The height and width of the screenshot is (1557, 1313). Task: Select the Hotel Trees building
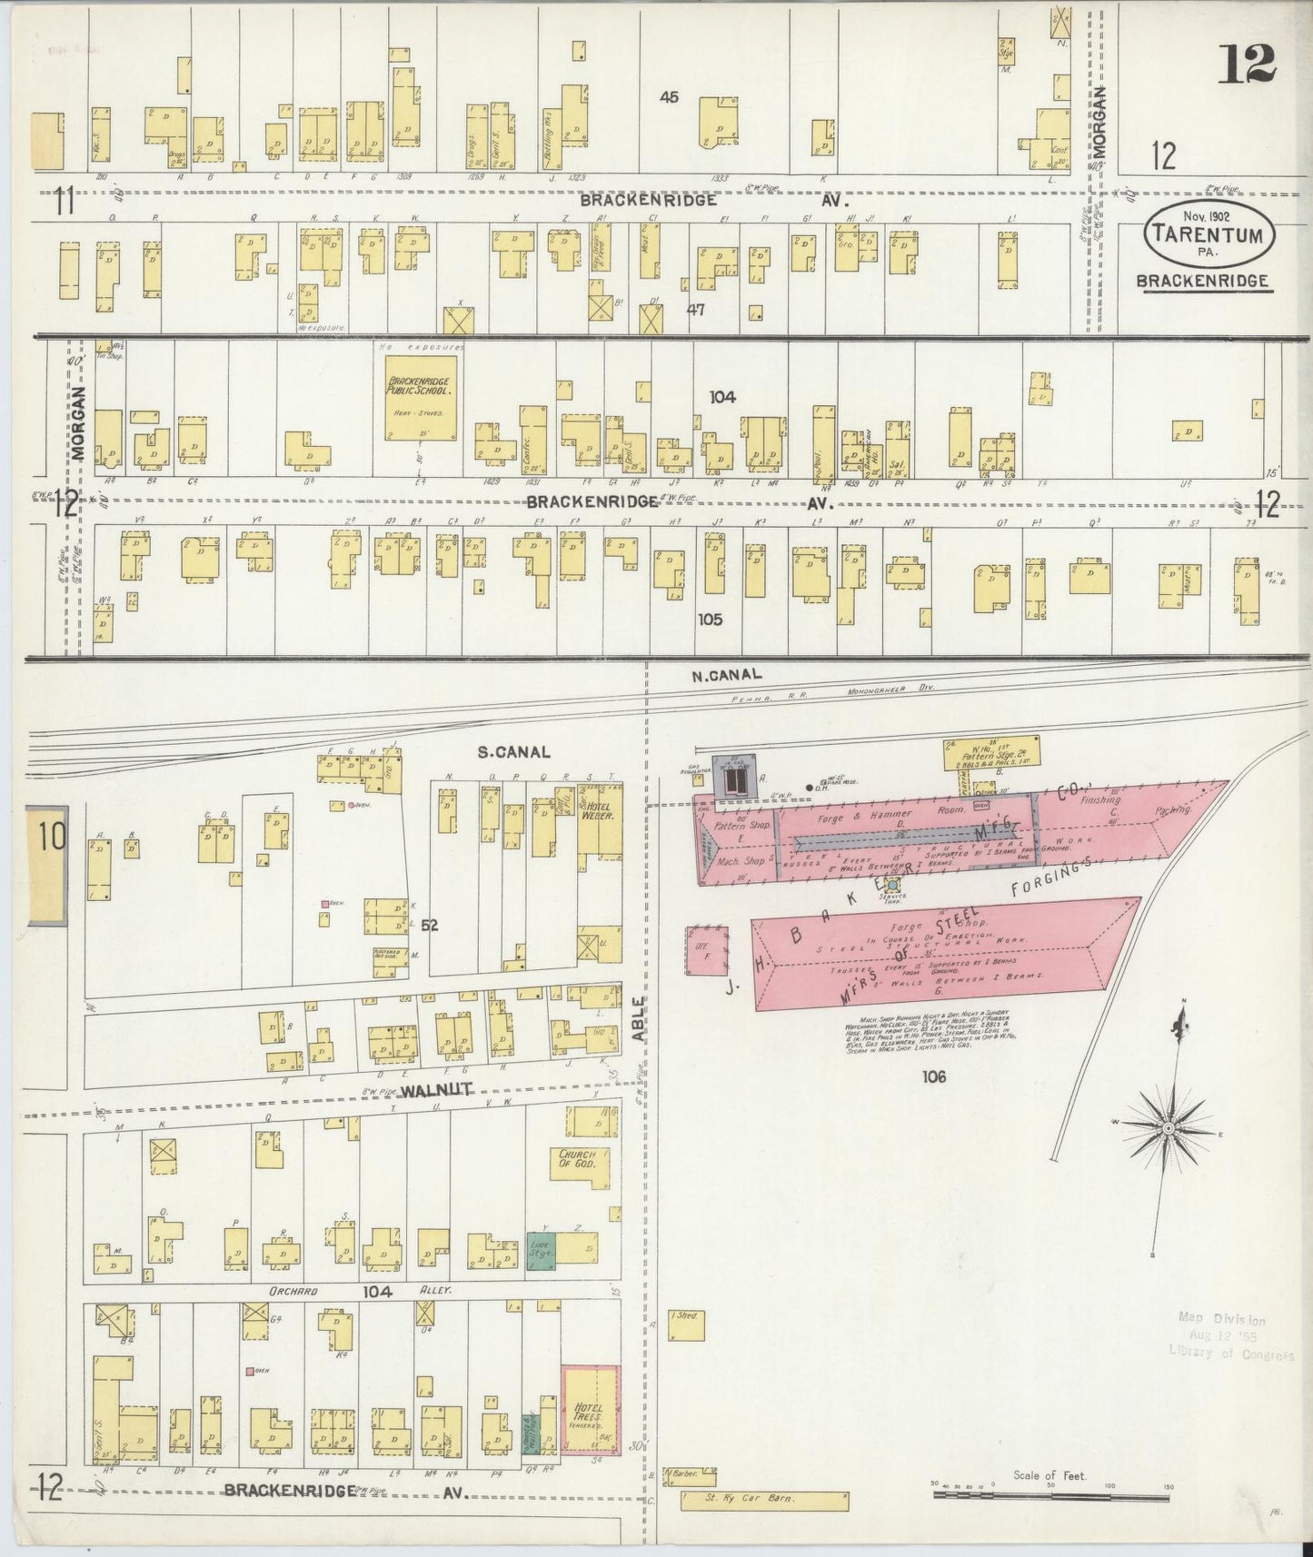click(589, 1414)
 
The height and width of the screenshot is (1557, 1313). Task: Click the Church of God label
click(578, 1160)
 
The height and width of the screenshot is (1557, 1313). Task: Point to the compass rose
click(1167, 1126)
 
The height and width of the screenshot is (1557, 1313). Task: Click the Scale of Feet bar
click(1050, 1493)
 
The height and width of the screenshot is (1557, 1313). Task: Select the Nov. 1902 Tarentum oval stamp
click(1208, 232)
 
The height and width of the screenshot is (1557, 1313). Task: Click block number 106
click(933, 1076)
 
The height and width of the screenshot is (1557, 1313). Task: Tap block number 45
click(669, 97)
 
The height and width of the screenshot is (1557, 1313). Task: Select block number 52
click(429, 926)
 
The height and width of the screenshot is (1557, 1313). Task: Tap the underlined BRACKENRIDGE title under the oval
click(1204, 281)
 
